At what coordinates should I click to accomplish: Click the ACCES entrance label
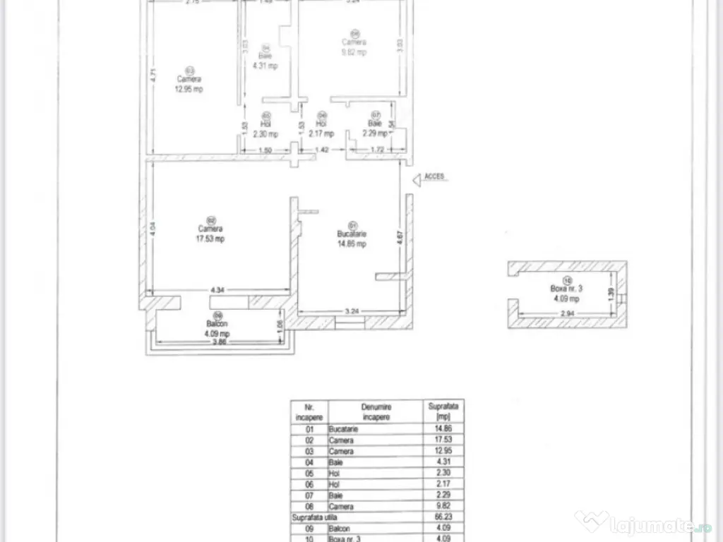coord(434,176)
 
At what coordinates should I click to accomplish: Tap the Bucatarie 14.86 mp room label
coord(351,239)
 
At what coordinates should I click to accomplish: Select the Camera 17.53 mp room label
coord(210,234)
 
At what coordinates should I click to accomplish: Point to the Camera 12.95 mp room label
coord(189,84)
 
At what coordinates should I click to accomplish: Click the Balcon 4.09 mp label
coord(217,329)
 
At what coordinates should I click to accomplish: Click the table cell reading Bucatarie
coord(343,429)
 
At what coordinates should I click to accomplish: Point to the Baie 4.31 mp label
coord(265,61)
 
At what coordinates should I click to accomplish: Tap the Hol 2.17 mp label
coord(321,128)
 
